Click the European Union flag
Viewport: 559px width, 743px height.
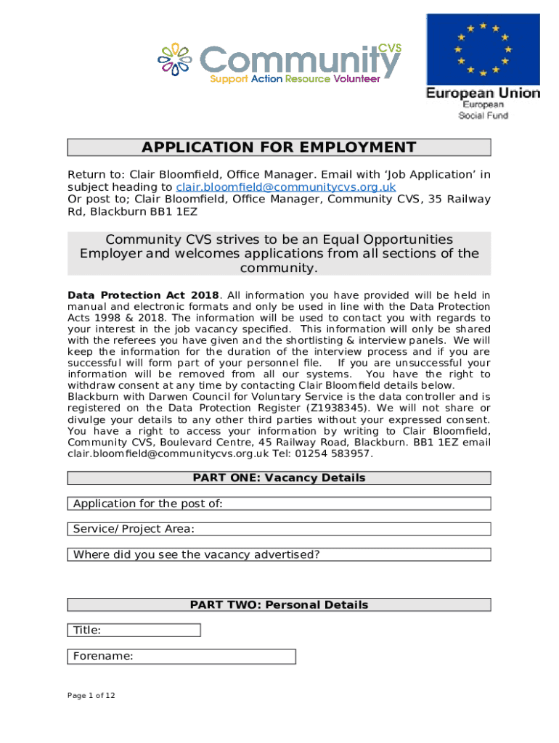coord(483,49)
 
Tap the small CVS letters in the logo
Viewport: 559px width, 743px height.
coord(389,47)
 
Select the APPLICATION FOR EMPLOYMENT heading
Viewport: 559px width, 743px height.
coord(279,148)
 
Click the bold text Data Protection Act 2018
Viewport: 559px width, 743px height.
coord(143,295)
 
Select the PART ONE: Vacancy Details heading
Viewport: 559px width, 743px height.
coord(279,478)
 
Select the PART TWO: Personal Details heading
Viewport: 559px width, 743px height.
coord(279,604)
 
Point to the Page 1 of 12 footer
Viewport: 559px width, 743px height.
coord(91,696)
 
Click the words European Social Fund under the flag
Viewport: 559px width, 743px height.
coord(483,110)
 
